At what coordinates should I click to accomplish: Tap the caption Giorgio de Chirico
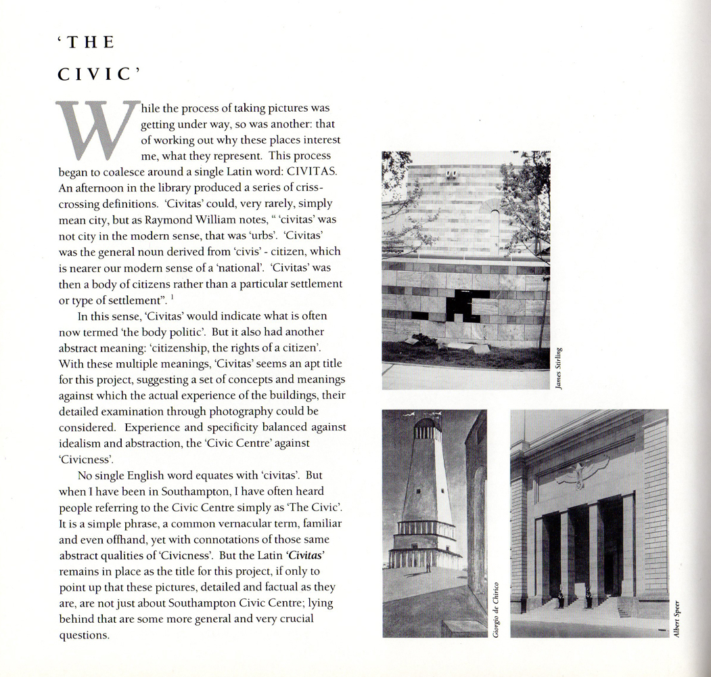pos(496,609)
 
